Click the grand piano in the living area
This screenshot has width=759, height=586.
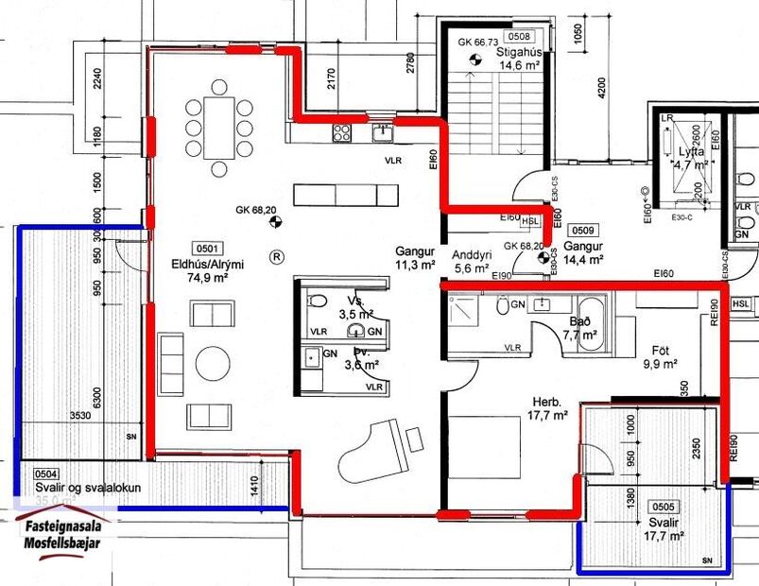[373, 452]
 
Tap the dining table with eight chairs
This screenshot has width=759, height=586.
[219, 127]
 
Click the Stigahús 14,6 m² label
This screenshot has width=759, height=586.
[518, 59]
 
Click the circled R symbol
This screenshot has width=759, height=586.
[276, 255]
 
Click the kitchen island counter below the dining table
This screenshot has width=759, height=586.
[346, 195]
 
